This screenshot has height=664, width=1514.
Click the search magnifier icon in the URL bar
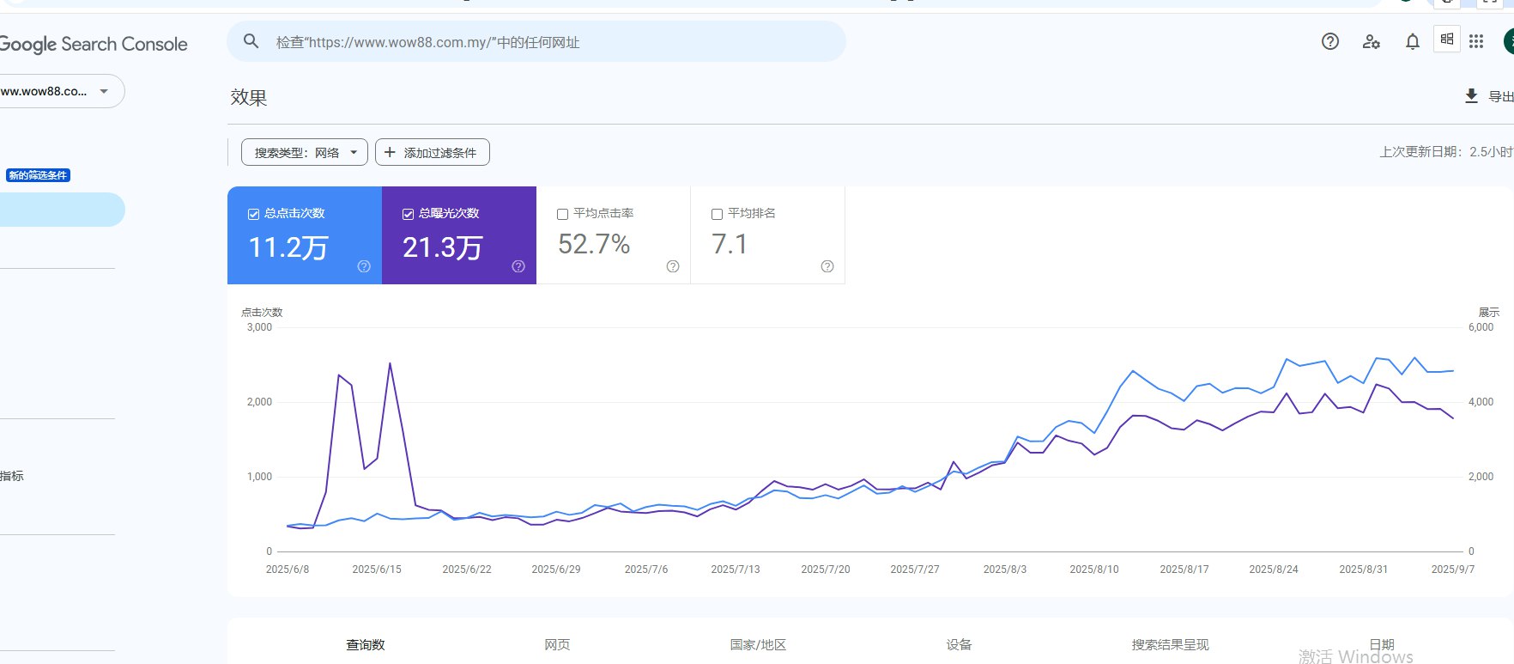click(251, 41)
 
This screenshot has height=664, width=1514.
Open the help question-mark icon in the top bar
click(1329, 41)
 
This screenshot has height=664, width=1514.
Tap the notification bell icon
click(1412, 41)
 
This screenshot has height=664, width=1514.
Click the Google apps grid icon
click(1476, 41)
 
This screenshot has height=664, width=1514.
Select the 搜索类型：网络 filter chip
click(304, 152)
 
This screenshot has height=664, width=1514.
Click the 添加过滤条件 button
click(433, 152)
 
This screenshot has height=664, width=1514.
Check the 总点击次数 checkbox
click(254, 214)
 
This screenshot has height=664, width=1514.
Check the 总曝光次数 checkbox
click(409, 214)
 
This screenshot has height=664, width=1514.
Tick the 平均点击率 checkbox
click(563, 214)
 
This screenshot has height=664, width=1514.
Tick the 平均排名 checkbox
click(718, 214)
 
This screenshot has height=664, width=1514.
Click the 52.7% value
click(594, 245)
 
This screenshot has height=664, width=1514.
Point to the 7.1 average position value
click(730, 245)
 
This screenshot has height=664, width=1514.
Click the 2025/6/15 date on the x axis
click(377, 570)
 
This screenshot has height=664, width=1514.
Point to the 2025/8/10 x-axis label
click(1094, 570)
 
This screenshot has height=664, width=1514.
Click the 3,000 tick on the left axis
click(259, 327)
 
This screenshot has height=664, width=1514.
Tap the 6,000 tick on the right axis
click(1481, 327)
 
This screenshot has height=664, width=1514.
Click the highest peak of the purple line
click(390, 363)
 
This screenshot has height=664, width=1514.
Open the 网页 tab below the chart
click(557, 644)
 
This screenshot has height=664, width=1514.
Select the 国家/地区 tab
click(758, 644)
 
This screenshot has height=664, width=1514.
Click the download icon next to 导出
click(1471, 96)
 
